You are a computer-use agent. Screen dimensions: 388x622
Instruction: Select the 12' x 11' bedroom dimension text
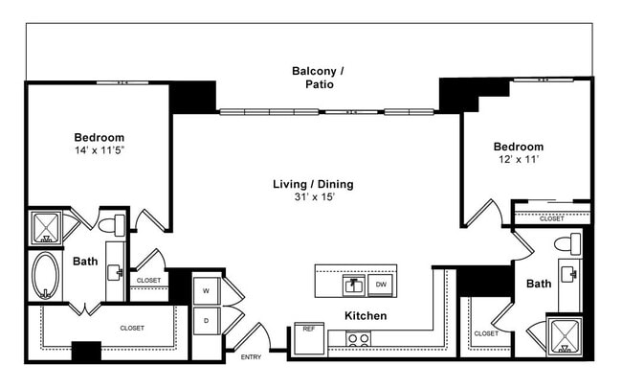[518, 160]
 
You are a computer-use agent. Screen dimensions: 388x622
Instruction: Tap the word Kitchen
[366, 315]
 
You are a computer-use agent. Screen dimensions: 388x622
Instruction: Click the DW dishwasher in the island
[381, 285]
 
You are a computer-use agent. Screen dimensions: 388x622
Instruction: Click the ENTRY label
[251, 357]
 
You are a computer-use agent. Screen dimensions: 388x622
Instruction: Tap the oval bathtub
[45, 277]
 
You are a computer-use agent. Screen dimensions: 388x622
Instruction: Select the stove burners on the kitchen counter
[358, 338]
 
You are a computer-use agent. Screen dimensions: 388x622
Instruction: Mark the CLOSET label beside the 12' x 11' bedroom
[551, 218]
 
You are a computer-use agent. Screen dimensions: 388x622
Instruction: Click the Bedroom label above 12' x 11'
[518, 147]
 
